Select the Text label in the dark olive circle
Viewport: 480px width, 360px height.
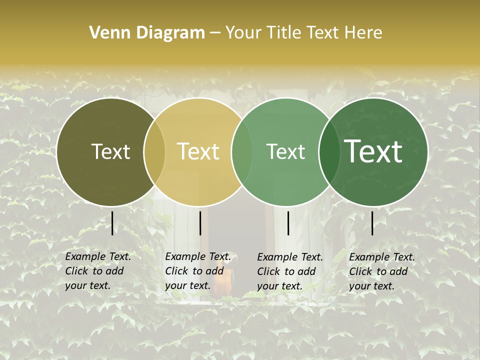110,151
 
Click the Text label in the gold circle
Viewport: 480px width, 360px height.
198,151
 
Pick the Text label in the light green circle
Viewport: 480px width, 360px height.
285,151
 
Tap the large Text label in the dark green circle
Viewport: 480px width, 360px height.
373,151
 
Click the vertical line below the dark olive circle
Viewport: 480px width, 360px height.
112,223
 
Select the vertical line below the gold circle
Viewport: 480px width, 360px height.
200,223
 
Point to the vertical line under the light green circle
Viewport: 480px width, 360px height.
288,223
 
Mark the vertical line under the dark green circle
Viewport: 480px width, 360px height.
372,223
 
